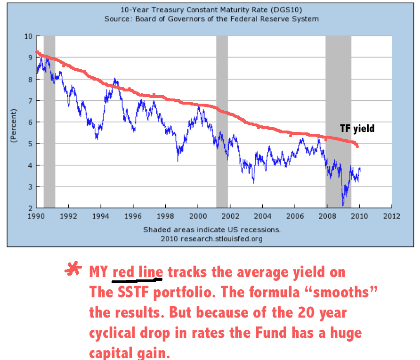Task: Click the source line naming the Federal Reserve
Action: pos(211,19)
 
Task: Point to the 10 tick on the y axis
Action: pos(28,36)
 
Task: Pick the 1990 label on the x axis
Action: pos(36,217)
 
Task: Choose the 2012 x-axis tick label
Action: pos(391,217)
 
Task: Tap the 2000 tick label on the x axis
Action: pos(198,217)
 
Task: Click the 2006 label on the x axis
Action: pos(295,217)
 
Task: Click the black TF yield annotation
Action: pos(357,128)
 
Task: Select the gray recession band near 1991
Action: pos(49,122)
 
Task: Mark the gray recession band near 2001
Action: pos(222,122)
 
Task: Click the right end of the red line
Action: pos(357,146)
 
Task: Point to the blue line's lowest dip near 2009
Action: pos(343,205)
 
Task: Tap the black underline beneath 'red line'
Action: pos(137,280)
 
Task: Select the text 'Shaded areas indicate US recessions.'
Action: pos(211,230)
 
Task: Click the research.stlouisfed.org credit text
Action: pos(211,238)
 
